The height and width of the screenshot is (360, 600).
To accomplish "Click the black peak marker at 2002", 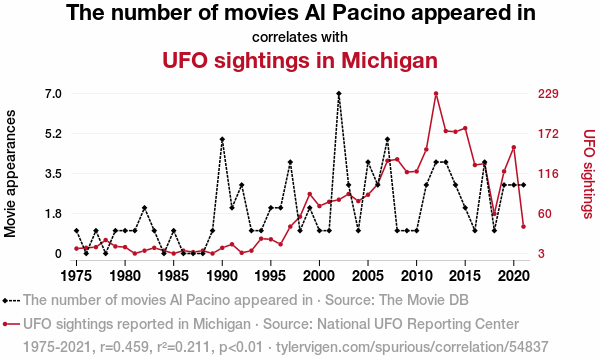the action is click(x=339, y=93).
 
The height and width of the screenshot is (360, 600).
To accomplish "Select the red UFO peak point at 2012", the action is click(x=436, y=93).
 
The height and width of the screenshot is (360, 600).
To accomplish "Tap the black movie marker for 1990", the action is click(x=222, y=139).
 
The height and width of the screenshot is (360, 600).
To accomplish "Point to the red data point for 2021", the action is click(x=523, y=226).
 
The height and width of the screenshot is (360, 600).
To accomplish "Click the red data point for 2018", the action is click(x=494, y=214).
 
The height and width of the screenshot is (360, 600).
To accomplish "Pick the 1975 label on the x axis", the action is click(x=77, y=276).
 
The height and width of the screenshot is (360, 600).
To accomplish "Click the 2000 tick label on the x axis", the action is click(x=319, y=276).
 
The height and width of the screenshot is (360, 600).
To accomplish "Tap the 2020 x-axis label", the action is click(x=514, y=276).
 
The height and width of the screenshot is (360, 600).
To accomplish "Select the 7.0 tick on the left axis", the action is click(x=54, y=94).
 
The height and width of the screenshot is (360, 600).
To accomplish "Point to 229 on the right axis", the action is click(x=548, y=94).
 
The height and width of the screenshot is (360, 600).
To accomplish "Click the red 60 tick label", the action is click(x=545, y=213).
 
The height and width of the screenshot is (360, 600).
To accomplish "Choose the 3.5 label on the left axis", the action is click(x=54, y=174).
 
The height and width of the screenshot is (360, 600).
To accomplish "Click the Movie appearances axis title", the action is click(x=10, y=174).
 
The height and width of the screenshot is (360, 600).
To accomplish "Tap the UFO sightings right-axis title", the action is click(x=589, y=174).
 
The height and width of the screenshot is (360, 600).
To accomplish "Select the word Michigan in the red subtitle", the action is click(x=390, y=60).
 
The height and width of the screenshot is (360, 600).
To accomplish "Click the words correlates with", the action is click(x=300, y=37).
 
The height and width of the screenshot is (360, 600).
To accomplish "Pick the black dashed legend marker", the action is click(x=11, y=300).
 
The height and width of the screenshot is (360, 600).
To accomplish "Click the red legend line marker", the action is click(x=11, y=324).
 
